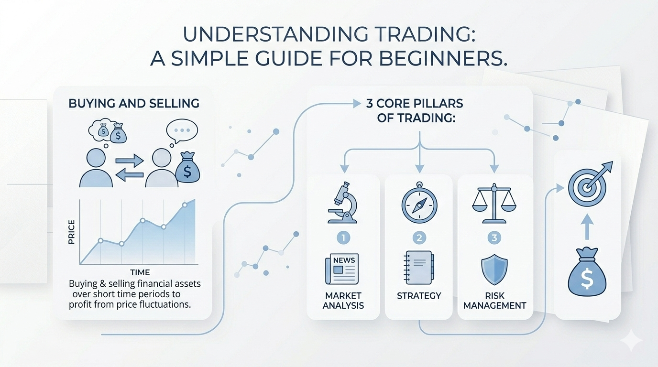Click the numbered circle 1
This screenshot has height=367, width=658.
343,237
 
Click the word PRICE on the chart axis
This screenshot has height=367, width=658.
71,232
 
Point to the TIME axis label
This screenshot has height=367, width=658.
140,272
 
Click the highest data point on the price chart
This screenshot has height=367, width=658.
185,205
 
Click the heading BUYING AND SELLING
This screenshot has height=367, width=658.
134,103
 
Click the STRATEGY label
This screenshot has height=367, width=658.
419,296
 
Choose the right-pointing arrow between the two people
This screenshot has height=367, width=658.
130,160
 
